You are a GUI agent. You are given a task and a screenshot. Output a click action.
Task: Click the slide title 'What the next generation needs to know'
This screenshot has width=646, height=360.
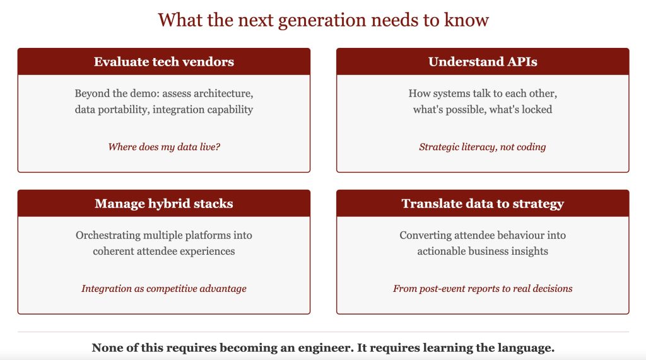323,20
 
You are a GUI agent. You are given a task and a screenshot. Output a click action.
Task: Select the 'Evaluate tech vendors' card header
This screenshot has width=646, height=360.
164,61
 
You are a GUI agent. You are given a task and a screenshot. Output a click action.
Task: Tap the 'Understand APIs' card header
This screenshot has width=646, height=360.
483,61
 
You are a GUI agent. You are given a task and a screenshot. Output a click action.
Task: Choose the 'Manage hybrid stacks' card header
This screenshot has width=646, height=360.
164,204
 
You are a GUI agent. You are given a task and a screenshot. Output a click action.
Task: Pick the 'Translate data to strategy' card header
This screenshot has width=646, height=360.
483,204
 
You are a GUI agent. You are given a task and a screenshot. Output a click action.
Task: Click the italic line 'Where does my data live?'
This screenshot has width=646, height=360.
164,147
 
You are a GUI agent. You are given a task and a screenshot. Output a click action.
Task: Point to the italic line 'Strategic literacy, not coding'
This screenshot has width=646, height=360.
483,147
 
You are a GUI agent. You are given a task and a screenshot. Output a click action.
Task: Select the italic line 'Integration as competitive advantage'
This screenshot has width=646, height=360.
164,289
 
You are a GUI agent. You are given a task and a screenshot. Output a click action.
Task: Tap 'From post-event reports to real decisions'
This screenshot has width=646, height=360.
483,289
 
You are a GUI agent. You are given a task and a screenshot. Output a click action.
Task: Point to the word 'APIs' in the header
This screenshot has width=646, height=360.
522,61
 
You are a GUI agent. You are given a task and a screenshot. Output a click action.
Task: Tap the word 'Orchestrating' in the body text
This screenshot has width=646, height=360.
107,235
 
